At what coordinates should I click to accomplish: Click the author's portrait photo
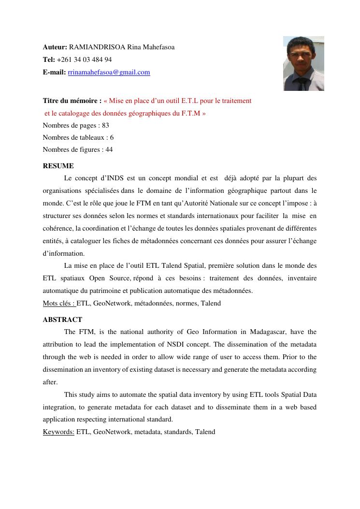click(x=303, y=63)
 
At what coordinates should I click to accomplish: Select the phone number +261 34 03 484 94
click(x=84, y=60)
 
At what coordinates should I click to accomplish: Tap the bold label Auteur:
click(x=55, y=47)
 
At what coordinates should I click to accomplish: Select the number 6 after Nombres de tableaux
click(x=112, y=138)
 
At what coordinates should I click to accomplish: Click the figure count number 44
click(x=109, y=150)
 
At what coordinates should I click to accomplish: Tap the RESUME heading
click(x=58, y=166)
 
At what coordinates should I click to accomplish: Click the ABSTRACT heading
click(x=62, y=320)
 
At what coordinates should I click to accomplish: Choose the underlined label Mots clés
click(x=59, y=304)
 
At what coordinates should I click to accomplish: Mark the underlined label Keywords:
click(x=58, y=432)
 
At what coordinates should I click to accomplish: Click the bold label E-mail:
click(x=54, y=73)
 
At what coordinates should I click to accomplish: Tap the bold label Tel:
click(x=49, y=60)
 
